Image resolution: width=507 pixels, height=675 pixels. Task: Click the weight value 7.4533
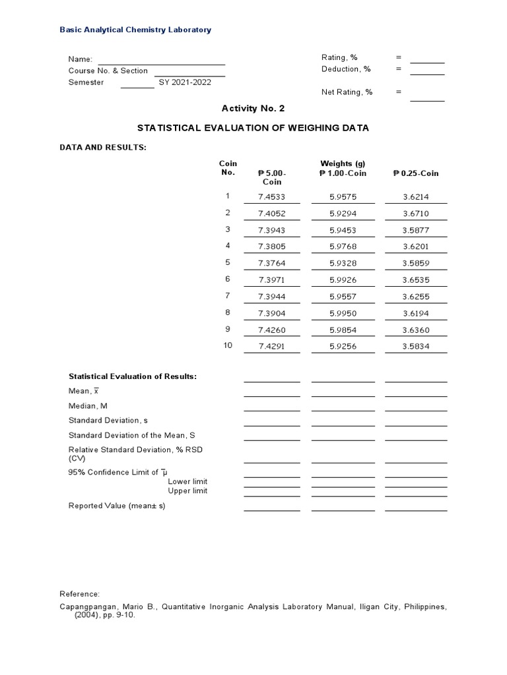(x=271, y=196)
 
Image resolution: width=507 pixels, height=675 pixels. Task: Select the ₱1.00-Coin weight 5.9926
(x=343, y=280)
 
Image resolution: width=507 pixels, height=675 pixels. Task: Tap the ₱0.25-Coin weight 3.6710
(x=415, y=214)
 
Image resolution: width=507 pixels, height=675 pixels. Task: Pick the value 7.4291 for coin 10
(x=271, y=347)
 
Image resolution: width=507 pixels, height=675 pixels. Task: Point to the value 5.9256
(x=343, y=347)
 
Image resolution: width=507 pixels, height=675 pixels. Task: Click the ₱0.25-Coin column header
(x=415, y=173)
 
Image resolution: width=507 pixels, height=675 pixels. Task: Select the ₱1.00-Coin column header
(x=343, y=173)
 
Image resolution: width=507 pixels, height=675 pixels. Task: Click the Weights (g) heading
(x=343, y=163)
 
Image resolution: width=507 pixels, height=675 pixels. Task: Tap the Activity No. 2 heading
(x=253, y=108)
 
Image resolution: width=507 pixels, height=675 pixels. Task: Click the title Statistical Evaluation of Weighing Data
(x=253, y=128)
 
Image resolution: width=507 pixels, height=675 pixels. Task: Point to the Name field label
(x=80, y=59)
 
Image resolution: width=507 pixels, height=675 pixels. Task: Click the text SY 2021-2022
(x=185, y=82)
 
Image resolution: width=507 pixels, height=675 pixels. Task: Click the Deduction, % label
(x=346, y=69)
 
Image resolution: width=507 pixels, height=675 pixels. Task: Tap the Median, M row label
(x=88, y=406)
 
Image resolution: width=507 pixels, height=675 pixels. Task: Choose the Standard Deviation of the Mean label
(x=132, y=436)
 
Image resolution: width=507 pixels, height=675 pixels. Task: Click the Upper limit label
(x=187, y=491)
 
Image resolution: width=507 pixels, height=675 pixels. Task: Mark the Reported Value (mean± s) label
(x=117, y=506)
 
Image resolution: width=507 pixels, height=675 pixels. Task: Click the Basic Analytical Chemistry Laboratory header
(x=135, y=30)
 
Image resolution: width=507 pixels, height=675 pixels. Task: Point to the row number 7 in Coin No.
(x=228, y=296)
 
